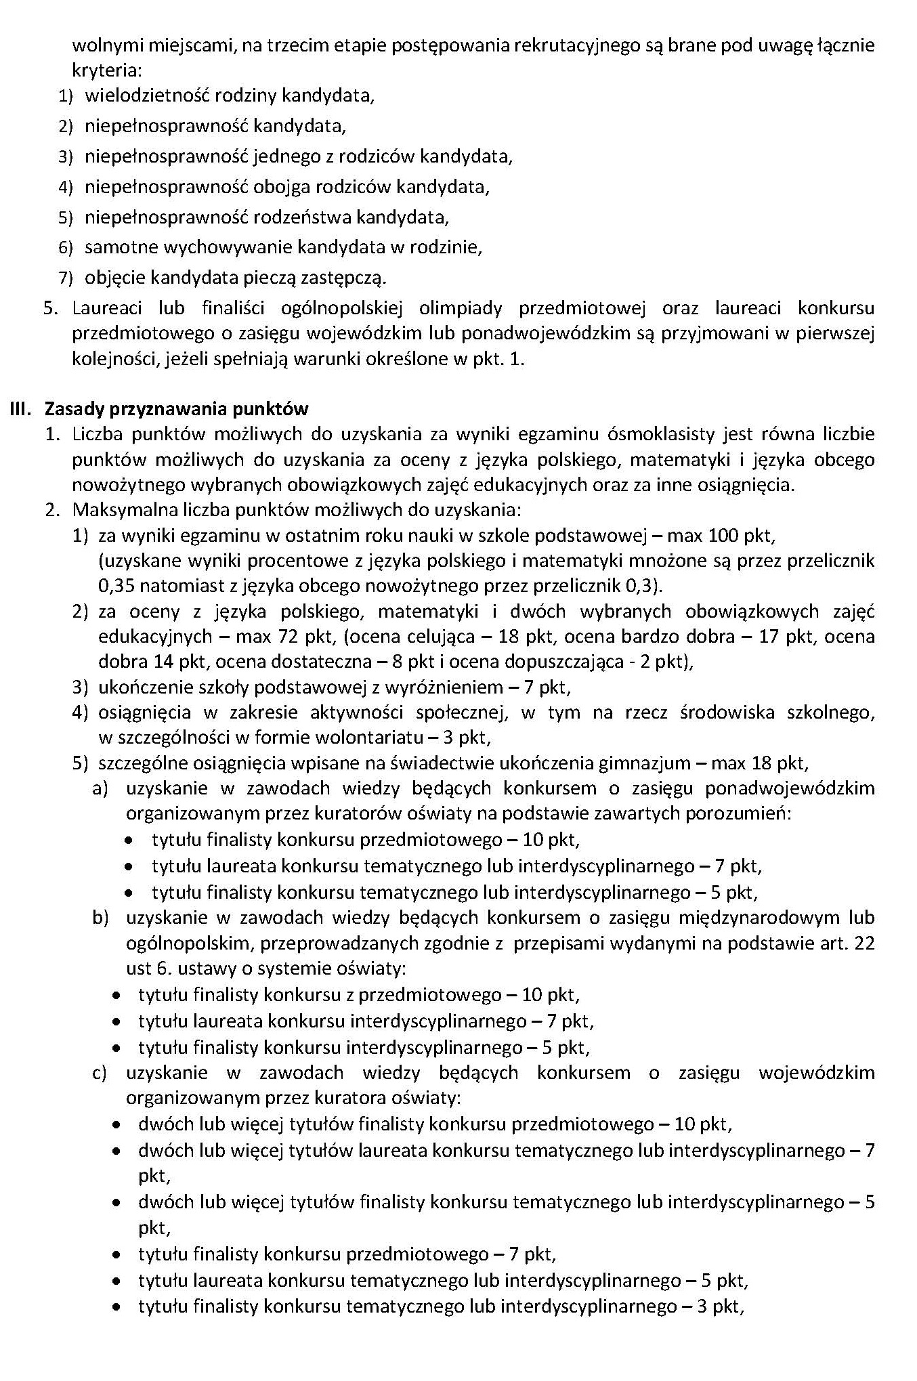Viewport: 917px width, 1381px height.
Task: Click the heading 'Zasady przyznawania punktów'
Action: point(176,409)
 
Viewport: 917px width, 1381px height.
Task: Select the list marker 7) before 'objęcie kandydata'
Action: point(65,278)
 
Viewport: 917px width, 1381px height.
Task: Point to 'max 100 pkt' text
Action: point(720,536)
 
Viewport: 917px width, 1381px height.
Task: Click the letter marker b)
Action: point(100,918)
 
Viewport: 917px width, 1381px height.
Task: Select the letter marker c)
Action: point(100,1073)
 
